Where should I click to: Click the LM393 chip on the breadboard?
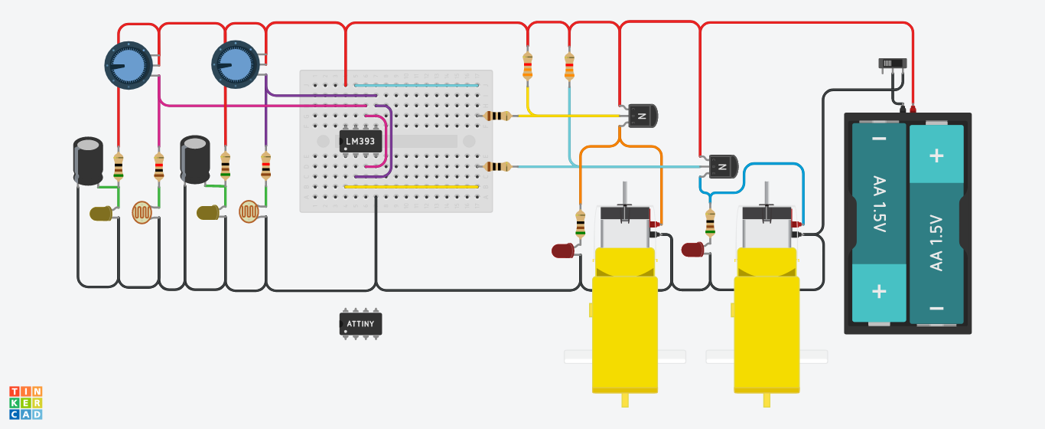[360, 141]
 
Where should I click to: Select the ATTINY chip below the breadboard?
[360, 324]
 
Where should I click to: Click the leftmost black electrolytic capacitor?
[89, 160]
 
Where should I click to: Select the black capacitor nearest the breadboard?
[195, 160]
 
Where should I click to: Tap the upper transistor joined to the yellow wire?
[641, 116]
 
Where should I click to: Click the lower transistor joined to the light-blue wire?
[722, 165]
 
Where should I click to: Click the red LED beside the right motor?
[693, 250]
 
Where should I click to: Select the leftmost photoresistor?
[142, 212]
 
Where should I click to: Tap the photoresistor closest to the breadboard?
[249, 212]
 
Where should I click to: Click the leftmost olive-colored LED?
[101, 214]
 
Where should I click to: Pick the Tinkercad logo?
[25, 402]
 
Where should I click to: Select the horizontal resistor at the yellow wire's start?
[499, 116]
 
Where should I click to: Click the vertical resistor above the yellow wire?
[527, 66]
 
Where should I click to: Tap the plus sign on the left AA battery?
[879, 292]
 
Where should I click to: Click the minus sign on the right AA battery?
[936, 309]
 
